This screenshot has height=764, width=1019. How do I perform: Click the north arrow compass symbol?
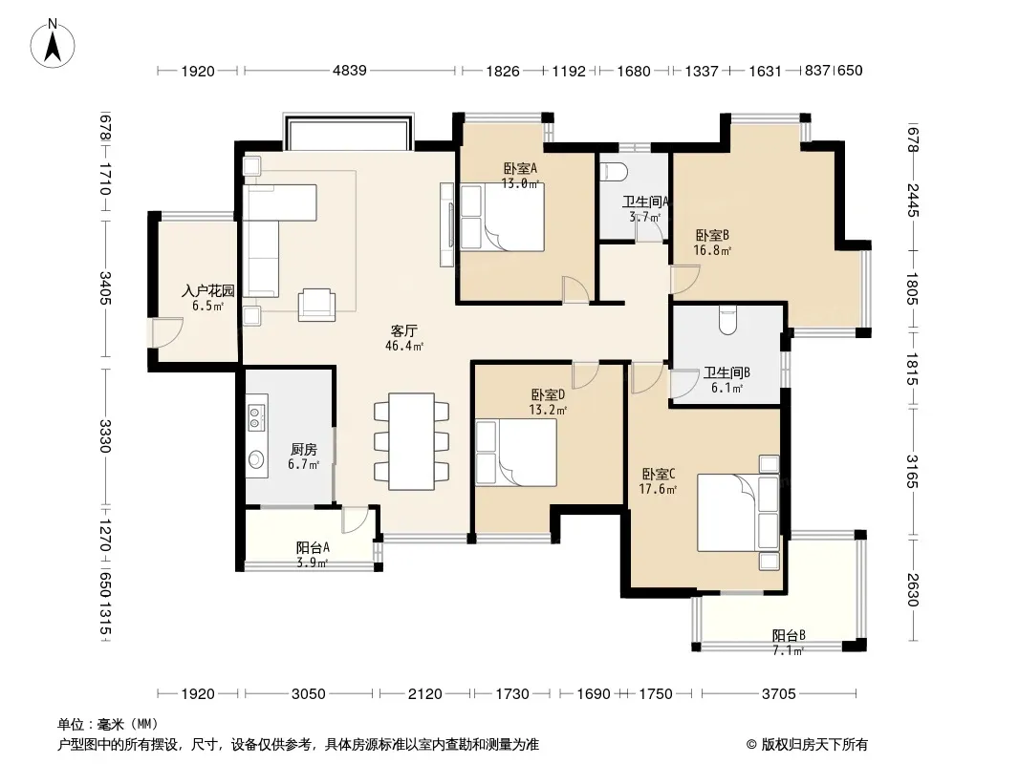[x=53, y=43]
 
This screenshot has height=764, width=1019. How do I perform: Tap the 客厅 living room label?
[x=403, y=331]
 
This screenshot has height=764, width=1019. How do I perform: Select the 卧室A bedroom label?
[x=521, y=168]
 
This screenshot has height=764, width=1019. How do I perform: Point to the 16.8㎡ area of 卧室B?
[x=712, y=250]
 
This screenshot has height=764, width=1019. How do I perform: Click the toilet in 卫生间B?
[x=727, y=320]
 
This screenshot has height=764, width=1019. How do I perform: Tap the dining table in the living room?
[x=411, y=441]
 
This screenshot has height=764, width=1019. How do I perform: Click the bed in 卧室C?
[x=738, y=513]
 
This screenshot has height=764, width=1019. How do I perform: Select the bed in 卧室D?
[x=516, y=453]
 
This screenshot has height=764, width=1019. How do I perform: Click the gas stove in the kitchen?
[x=255, y=417]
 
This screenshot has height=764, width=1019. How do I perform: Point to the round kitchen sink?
[x=256, y=459]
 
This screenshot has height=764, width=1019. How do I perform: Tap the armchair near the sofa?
[x=317, y=305]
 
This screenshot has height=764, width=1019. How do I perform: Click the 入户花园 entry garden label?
[x=208, y=291]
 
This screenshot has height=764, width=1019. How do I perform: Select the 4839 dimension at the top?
[x=350, y=70]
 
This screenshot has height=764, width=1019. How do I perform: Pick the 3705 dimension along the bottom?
[x=778, y=694]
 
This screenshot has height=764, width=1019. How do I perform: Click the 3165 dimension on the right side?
[x=913, y=472]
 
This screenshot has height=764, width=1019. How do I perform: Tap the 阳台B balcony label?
[x=789, y=635]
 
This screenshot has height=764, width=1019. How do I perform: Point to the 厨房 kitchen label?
[x=303, y=449]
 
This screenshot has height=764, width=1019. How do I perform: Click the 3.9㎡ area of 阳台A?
[x=313, y=562]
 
